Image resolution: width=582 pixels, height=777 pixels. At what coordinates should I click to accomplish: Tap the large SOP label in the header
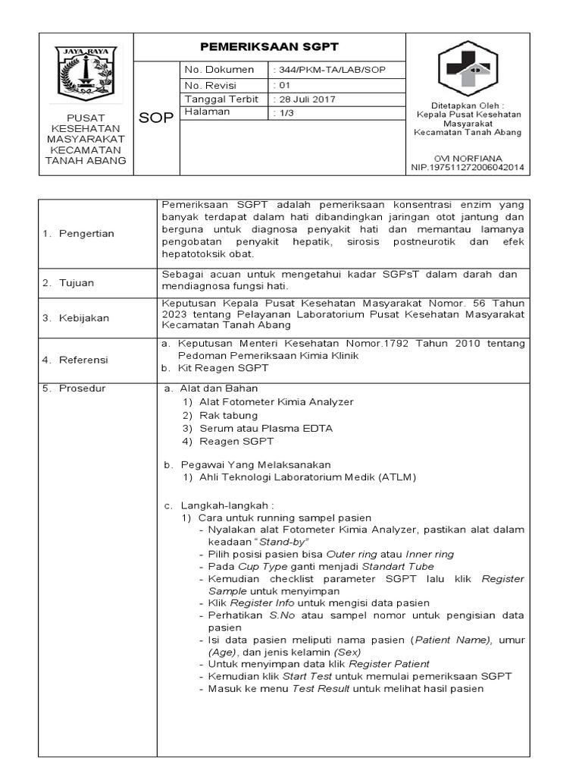point(157,118)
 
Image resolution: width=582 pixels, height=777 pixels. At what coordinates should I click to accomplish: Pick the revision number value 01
point(281,85)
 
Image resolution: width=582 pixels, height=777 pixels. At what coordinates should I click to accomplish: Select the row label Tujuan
point(78,283)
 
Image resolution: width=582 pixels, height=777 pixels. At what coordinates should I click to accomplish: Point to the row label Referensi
point(85,360)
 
